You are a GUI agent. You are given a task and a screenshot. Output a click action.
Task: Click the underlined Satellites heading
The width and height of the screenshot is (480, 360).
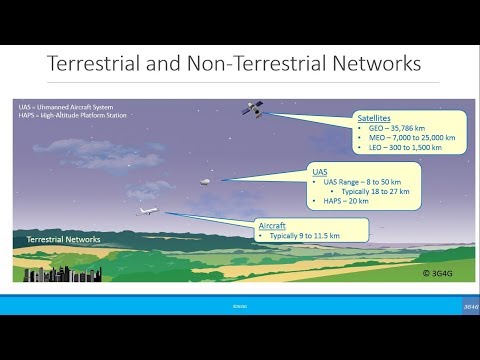375,118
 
